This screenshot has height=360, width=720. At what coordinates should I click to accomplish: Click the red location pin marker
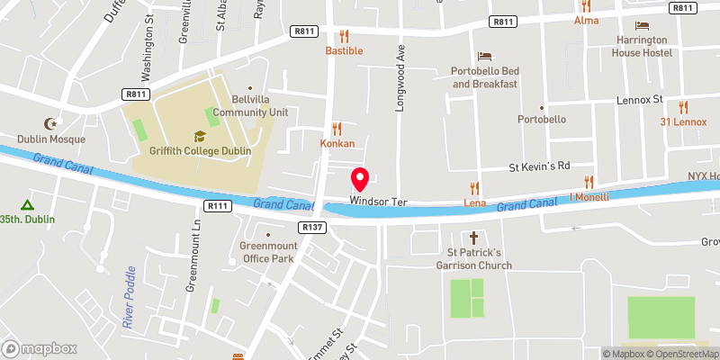pos(359,178)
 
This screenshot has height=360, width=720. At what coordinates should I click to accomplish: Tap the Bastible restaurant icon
pos(343,37)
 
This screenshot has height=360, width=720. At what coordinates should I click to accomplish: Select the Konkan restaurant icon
pos(337,129)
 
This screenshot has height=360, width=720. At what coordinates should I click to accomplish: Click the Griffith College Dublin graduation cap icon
pos(199,137)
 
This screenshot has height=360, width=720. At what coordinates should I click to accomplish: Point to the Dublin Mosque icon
pos(49,124)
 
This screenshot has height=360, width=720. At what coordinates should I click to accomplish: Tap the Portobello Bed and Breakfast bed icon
pos(484,56)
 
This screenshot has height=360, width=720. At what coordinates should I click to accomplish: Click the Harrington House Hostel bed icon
pos(641,25)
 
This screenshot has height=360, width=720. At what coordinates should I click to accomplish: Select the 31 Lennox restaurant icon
pos(683,107)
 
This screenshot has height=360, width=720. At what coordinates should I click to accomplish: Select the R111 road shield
pos(218,206)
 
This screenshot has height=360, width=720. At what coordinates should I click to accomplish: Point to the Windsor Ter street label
pos(379,202)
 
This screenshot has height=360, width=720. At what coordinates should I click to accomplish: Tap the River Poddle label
pos(130,296)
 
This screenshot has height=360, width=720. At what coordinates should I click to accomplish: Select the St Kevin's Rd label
pos(540,166)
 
